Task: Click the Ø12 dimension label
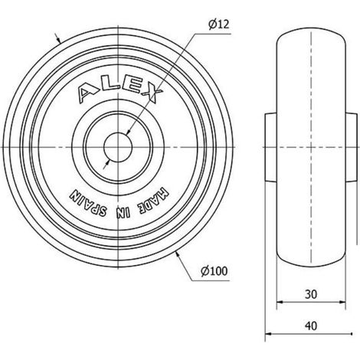219,25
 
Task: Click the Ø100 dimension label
214,271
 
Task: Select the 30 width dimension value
311,294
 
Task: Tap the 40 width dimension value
311,326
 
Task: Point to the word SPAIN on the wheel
87,204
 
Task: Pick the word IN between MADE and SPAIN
123,212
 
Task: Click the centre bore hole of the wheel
118,147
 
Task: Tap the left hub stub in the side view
270,147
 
